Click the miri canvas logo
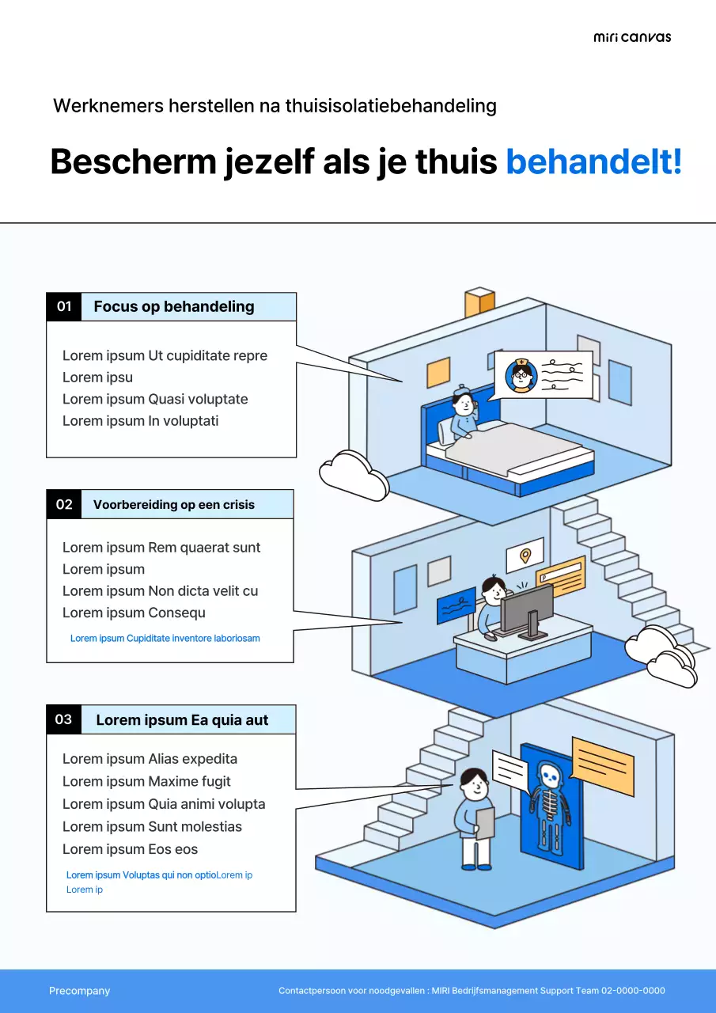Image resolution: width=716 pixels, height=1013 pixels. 631,37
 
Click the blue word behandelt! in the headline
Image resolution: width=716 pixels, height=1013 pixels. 593,161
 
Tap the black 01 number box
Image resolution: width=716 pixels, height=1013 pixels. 64,306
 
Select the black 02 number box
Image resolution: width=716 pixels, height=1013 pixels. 64,504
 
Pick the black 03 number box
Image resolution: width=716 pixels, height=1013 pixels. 64,719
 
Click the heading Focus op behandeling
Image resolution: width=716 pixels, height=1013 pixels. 174,307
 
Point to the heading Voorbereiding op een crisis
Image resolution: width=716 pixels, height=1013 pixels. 174,505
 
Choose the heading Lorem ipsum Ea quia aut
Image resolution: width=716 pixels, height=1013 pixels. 182,720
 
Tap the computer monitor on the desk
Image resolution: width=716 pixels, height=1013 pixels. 525,609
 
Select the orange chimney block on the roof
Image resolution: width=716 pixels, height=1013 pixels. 479,302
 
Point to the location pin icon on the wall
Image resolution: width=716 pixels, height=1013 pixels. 525,556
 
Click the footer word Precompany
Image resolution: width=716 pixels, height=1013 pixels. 79,991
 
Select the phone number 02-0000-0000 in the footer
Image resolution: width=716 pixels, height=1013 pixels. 633,991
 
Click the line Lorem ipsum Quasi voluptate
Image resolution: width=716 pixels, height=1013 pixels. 155,399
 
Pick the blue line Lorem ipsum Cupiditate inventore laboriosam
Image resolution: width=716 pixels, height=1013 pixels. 165,638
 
